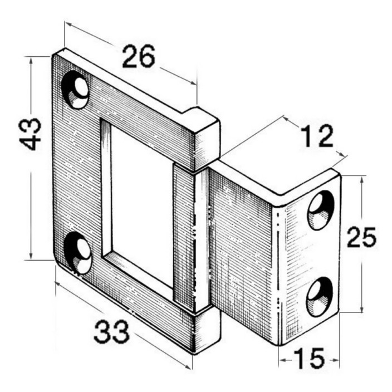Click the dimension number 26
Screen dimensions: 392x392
click(x=139, y=56)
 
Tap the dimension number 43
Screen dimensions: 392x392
click(x=30, y=134)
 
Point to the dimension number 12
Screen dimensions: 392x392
click(x=317, y=136)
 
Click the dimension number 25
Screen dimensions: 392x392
click(x=361, y=237)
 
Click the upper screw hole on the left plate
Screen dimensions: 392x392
click(x=75, y=90)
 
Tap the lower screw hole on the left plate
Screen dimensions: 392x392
click(x=77, y=253)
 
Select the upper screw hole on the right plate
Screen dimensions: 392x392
click(x=321, y=210)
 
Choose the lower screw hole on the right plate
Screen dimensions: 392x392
click(x=320, y=297)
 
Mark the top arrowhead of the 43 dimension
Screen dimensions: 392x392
click(x=31, y=61)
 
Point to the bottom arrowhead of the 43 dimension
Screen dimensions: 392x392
click(x=31, y=256)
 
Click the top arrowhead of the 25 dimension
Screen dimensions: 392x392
click(x=361, y=179)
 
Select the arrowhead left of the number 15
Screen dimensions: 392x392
click(x=283, y=360)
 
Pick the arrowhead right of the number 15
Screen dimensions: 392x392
click(x=336, y=360)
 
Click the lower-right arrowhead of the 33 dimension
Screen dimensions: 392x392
click(x=188, y=367)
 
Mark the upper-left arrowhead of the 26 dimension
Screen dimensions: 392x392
click(x=68, y=24)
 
